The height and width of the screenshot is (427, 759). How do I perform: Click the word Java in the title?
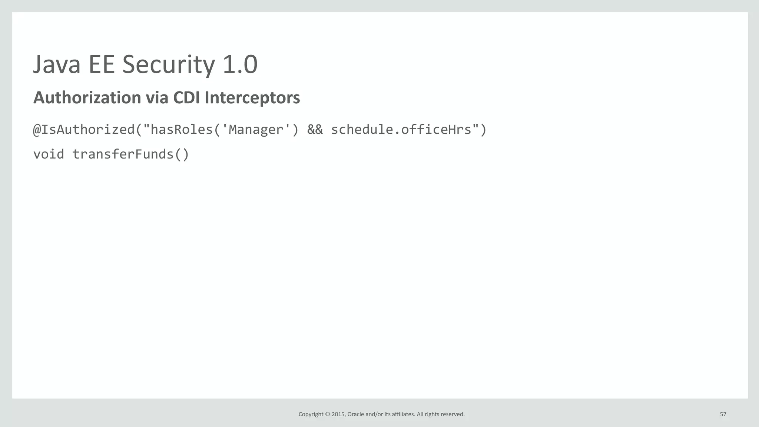[57, 64]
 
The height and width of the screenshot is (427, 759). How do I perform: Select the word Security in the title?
[168, 64]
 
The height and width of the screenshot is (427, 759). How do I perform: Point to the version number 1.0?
[240, 64]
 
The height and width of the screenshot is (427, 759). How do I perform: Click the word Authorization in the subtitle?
[87, 98]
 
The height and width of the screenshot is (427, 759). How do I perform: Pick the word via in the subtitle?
[157, 98]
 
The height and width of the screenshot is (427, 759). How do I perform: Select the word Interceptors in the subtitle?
[252, 98]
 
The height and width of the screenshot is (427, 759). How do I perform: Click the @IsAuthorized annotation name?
[84, 130]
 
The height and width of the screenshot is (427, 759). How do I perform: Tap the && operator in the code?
[315, 130]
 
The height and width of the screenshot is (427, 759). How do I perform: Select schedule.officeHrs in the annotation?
[401, 130]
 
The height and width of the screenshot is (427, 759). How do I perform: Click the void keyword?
[49, 154]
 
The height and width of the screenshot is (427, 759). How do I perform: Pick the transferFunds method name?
[123, 154]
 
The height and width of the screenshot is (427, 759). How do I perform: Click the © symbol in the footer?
[327, 414]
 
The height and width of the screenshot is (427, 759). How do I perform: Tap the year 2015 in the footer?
[338, 414]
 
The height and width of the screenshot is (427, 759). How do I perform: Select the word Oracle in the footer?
[355, 414]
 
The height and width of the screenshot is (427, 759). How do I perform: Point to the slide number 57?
[723, 414]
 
